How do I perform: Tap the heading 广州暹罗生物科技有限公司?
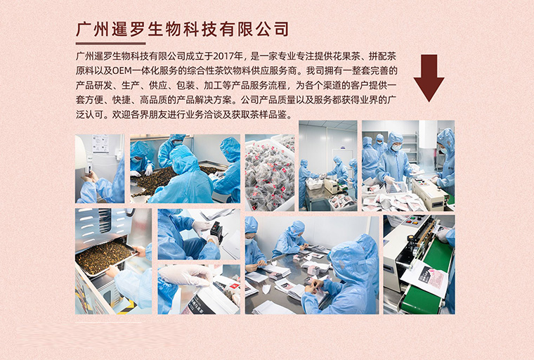coord(182,30)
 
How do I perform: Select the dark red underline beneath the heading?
coord(111,44)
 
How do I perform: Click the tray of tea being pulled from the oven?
coord(105,256)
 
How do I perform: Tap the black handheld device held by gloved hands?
coord(216,231)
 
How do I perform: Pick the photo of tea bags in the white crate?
coord(270,172)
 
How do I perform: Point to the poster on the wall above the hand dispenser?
coord(100,143)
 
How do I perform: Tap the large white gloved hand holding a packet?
coord(185,275)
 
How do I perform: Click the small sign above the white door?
coord(335,148)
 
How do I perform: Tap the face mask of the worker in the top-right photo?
coord(397,147)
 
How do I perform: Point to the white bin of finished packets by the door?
coord(314,184)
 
